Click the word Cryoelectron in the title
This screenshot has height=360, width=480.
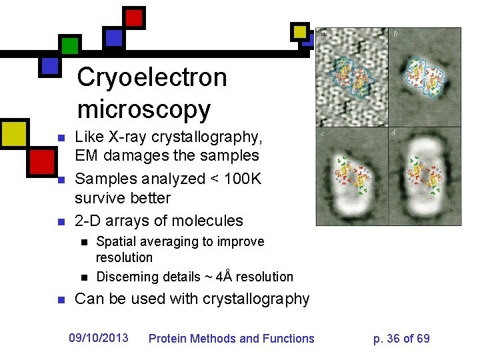pyautogui.click(x=152, y=78)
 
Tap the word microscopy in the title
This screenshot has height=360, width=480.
pyautogui.click(x=143, y=109)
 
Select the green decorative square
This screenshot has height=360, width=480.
pyautogui.click(x=69, y=45)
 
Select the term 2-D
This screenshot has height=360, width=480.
pyautogui.click(x=88, y=221)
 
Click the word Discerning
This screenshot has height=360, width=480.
pyautogui.click(x=127, y=277)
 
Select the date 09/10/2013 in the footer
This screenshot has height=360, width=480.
pyautogui.click(x=99, y=338)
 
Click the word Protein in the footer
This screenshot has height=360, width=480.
pyautogui.click(x=167, y=339)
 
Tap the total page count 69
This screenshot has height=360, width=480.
pyautogui.click(x=423, y=339)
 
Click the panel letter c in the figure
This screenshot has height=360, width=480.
pyautogui.click(x=323, y=134)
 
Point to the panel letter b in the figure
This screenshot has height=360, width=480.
pyautogui.click(x=396, y=33)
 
